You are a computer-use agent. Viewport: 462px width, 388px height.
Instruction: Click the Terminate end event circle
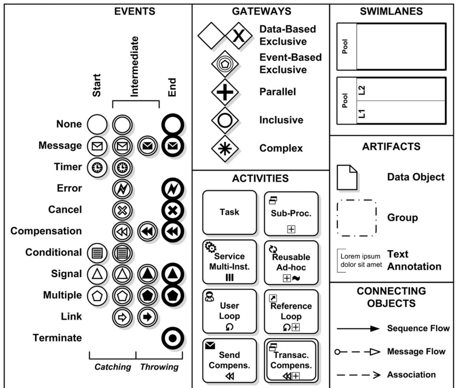pos(173,338)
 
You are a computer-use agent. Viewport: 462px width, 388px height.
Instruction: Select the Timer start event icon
pos(97,167)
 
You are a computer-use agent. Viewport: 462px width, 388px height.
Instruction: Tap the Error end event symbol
pos(173,189)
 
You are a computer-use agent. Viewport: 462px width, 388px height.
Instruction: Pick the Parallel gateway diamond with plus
pos(225,92)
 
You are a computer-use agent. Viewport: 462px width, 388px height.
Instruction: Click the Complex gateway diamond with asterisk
pos(225,148)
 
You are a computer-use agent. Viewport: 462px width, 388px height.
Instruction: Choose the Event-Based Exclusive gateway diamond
pos(225,64)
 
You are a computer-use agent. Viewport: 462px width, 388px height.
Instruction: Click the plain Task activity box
pos(229,212)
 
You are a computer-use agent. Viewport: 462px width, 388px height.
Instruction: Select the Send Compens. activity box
pos(229,360)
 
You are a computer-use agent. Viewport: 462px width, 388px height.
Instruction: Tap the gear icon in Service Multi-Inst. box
pos(210,247)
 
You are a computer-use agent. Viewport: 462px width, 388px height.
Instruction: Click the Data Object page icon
pos(347,177)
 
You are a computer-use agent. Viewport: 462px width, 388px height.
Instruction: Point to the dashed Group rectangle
pos(357,218)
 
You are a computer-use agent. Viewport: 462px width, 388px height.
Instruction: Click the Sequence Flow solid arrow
pos(358,329)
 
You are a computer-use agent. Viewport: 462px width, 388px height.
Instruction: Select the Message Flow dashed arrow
pos(358,352)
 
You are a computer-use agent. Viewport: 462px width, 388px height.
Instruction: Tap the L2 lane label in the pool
pos(362,90)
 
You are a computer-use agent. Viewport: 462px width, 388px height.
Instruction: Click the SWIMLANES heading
pos(391,11)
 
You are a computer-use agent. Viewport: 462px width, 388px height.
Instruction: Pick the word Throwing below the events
pos(159,367)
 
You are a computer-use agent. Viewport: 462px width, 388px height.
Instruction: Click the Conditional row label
pos(53,252)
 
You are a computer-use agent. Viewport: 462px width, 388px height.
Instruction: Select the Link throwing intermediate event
pos(147,317)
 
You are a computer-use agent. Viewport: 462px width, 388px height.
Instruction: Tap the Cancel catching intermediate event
pos(122,210)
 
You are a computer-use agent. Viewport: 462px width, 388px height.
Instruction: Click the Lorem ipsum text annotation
pos(361,260)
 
